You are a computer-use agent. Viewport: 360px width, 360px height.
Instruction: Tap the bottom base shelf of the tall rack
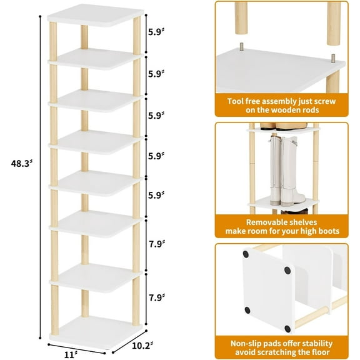point(92,327)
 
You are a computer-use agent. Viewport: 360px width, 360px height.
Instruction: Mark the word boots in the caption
point(324,232)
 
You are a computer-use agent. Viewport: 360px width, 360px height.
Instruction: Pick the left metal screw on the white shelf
point(241,47)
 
